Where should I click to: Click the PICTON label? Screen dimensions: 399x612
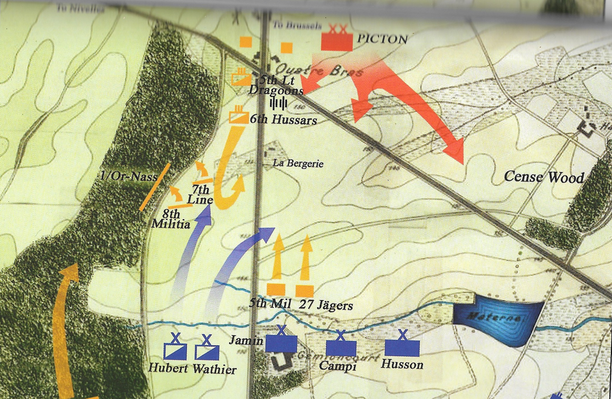click(383, 39)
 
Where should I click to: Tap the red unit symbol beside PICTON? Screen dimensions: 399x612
click(337, 40)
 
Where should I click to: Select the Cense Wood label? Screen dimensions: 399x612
click(543, 177)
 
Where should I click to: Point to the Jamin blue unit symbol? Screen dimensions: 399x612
click(281, 343)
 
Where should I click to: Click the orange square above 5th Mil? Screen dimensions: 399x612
click(276, 290)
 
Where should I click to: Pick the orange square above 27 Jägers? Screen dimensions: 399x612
click(304, 290)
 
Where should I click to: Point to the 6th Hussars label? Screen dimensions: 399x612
click(283, 120)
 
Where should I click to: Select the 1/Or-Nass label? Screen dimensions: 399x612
click(127, 176)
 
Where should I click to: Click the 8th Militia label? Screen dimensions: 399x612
click(171, 220)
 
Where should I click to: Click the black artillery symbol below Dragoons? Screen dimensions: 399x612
click(279, 103)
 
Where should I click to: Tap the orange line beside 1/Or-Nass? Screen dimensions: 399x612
click(155, 187)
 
